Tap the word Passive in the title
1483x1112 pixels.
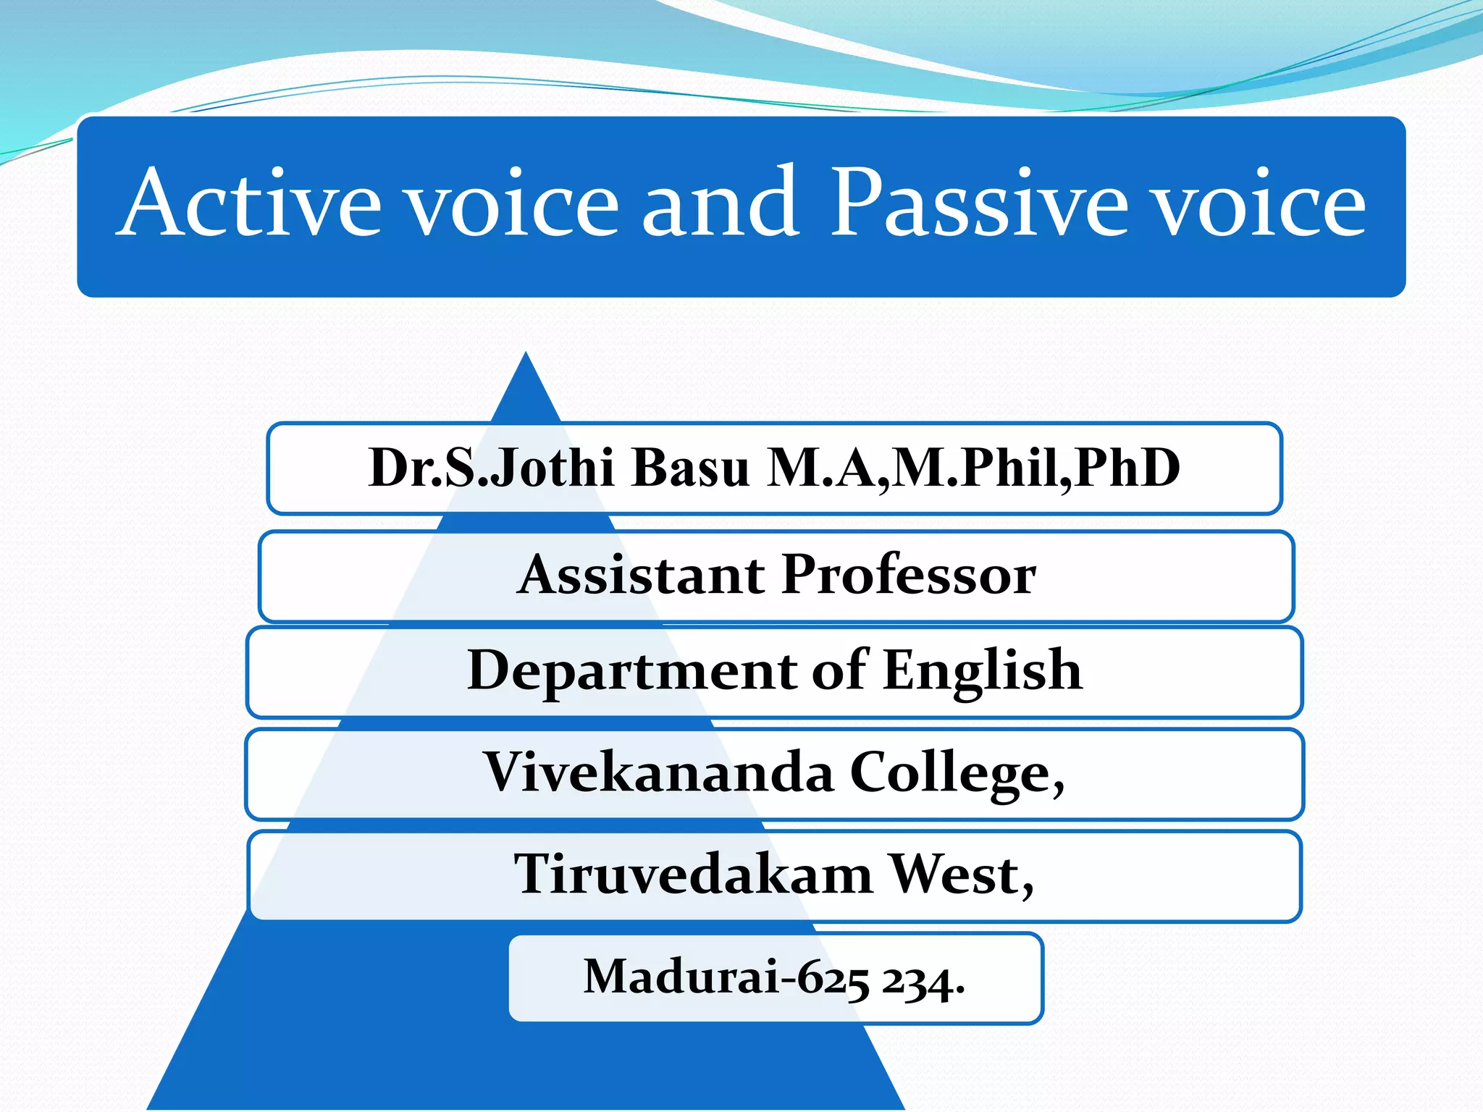978,203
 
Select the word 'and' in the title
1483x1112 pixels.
721,203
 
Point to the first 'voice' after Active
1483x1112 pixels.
511,206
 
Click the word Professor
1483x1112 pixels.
909,575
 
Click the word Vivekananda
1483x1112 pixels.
658,772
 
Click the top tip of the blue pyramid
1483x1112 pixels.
526,356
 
